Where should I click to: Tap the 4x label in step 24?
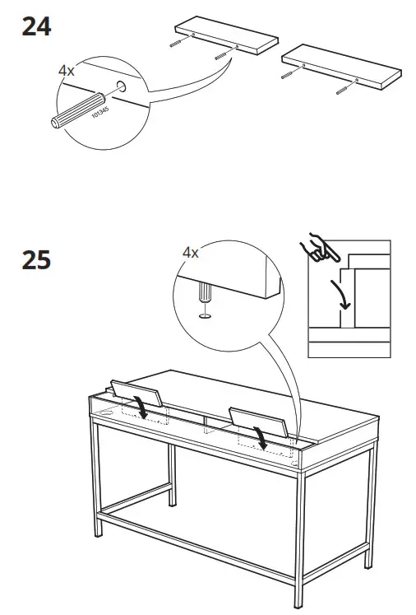67,72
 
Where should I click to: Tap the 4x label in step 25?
191,253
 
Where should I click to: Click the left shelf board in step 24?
223,34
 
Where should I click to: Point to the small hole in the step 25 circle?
202,314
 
